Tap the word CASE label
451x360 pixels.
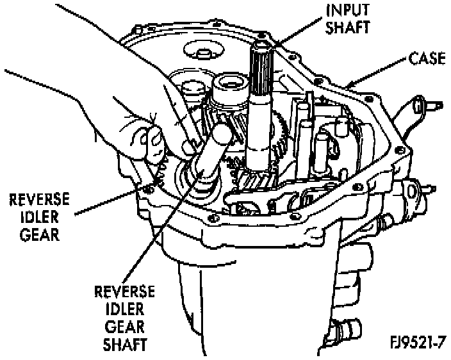427,61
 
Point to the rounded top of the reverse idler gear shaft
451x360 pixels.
220,135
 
